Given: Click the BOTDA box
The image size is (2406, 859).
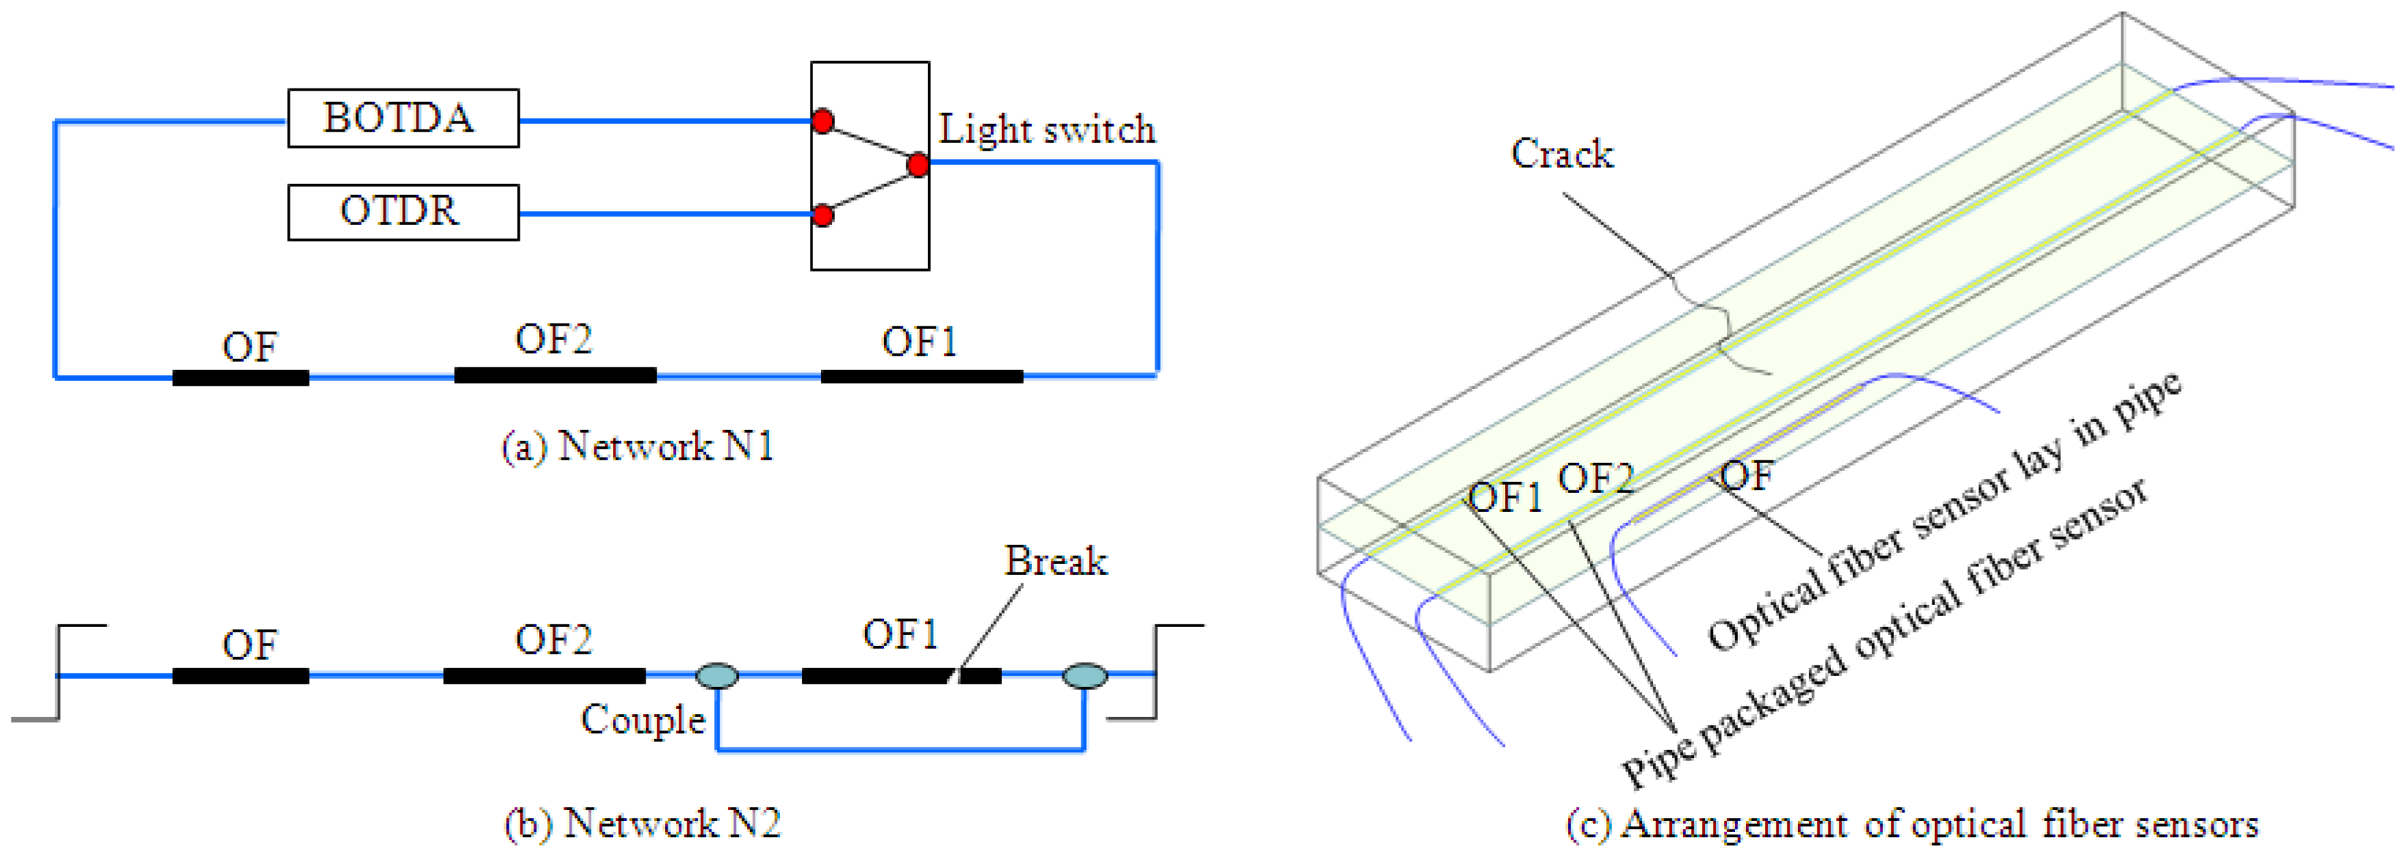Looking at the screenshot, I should (x=402, y=119).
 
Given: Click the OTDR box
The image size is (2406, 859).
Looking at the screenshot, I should (x=402, y=212).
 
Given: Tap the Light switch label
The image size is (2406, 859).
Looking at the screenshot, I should (x=1046, y=130).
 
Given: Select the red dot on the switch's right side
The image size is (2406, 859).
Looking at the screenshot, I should (x=918, y=166).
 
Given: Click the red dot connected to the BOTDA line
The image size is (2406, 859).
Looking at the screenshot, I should (x=822, y=122).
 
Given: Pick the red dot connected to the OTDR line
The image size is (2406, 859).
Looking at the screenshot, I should (x=822, y=216).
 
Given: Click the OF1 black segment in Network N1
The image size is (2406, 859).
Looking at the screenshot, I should (x=921, y=376).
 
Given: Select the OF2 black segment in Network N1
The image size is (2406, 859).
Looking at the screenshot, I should (x=555, y=376).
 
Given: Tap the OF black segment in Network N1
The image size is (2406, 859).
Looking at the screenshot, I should (x=240, y=378).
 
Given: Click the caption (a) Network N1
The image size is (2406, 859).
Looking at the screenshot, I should (x=638, y=447).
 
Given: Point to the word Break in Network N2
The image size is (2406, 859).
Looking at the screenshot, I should (x=1055, y=562).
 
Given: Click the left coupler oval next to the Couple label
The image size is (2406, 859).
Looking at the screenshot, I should (x=717, y=675).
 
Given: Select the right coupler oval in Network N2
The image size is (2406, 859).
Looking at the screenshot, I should (x=1084, y=675).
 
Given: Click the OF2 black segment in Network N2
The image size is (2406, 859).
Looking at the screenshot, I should (x=544, y=675).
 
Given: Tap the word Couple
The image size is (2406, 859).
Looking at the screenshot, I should (x=642, y=720).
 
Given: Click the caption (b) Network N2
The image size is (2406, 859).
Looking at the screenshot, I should (x=642, y=823).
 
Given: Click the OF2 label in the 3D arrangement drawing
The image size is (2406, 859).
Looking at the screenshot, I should (x=1595, y=480).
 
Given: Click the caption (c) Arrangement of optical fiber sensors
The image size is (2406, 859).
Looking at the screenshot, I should (x=1911, y=825).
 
